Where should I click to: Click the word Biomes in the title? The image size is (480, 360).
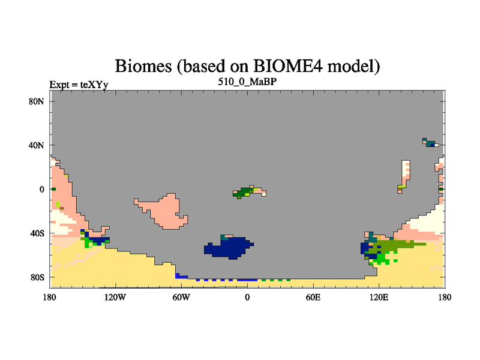point(143,66)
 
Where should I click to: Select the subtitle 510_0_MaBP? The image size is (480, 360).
point(247,82)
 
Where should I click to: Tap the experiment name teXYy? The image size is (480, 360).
point(94,85)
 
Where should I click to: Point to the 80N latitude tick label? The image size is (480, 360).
point(37,101)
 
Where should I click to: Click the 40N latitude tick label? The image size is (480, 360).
point(37,145)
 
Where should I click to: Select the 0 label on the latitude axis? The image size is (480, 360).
point(41,190)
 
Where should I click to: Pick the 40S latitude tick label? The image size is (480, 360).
point(37,233)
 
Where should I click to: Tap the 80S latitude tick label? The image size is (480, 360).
point(37,277)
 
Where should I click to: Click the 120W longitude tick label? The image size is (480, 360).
point(115,297)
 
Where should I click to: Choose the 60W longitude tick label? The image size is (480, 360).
point(181,297)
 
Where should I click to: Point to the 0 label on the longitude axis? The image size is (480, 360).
point(247,297)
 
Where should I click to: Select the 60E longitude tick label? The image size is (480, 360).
point(313,297)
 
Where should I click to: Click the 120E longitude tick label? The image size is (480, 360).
point(379,297)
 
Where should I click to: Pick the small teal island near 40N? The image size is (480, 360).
point(430,143)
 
